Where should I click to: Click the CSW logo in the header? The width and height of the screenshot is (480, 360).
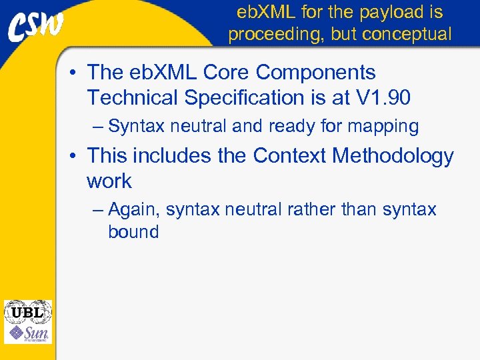click(37, 26)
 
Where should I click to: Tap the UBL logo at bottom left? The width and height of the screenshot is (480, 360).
click(27, 311)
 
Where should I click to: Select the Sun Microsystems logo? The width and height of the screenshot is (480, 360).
click(27, 333)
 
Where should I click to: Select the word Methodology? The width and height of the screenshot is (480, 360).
click(393, 156)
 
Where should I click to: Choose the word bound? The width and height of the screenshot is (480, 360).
click(133, 232)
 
